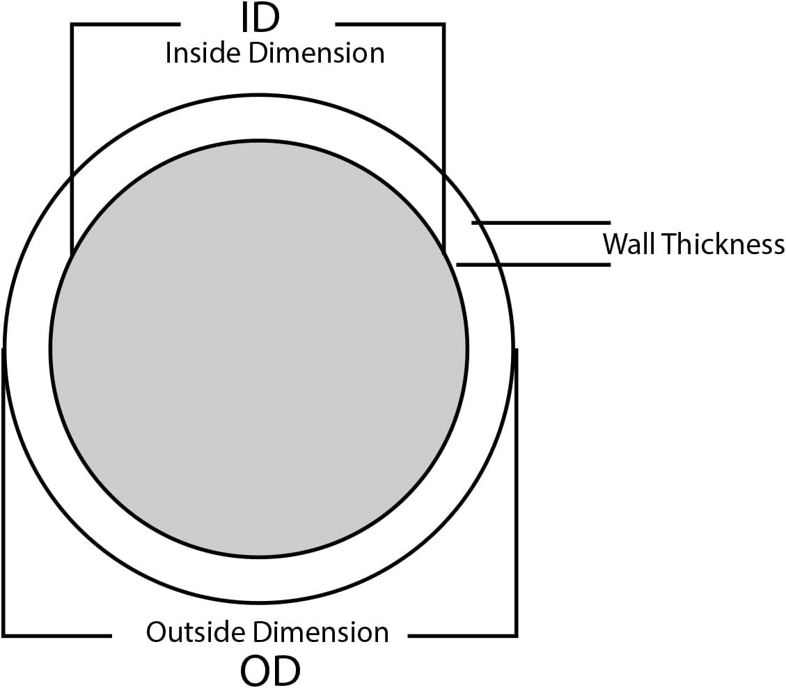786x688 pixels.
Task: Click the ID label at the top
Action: tap(260, 19)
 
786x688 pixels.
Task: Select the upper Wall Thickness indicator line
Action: tap(541, 223)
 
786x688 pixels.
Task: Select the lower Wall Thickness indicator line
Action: tap(533, 265)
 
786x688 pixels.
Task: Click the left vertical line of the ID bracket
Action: tap(72, 139)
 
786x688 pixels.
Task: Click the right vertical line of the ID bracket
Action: tap(443, 139)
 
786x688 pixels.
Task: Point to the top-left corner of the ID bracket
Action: tap(72, 25)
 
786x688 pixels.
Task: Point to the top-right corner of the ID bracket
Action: tap(443, 25)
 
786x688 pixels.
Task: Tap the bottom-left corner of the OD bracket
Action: tap(5, 635)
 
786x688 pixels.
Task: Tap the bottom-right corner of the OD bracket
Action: tap(516, 635)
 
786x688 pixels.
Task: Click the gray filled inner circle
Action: tap(258, 348)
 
